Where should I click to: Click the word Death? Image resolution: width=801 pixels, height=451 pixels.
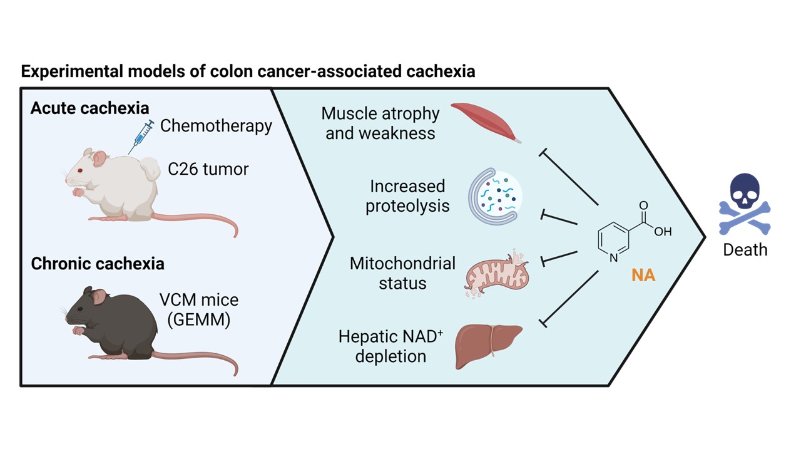pyautogui.click(x=745, y=249)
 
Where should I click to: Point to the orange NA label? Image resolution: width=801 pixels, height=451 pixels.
pyautogui.click(x=643, y=275)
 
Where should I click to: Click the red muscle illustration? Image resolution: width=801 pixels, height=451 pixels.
pyautogui.click(x=486, y=121)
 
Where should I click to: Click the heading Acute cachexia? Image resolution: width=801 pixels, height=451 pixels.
pyautogui.click(x=90, y=108)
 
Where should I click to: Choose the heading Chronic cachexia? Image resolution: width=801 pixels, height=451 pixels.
pyautogui.click(x=98, y=264)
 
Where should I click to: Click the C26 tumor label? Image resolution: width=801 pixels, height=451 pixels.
pyautogui.click(x=208, y=168)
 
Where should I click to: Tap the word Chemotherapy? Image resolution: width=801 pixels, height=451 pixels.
pyautogui.click(x=216, y=125)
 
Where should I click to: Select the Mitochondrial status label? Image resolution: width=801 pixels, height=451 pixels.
pyautogui.click(x=402, y=272)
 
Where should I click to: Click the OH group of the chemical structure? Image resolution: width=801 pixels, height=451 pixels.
pyautogui.click(x=663, y=232)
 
